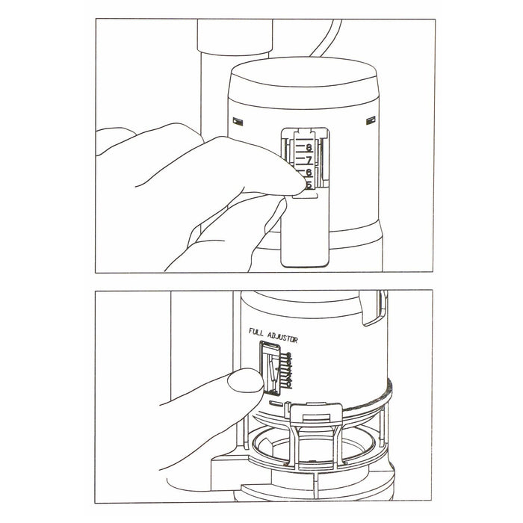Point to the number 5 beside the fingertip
308,185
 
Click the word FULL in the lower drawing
259,329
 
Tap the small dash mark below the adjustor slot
275,402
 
